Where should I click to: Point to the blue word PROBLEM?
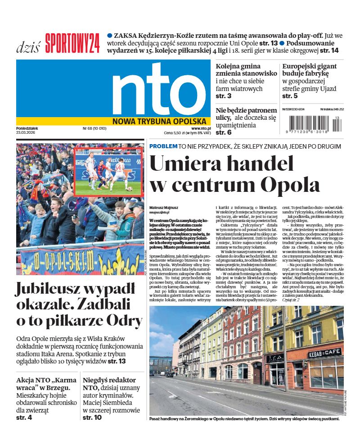point(163,146)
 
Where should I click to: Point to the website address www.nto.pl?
point(201,128)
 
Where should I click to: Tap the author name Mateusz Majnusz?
point(163,208)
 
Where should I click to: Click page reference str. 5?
point(290,96)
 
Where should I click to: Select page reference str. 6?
point(224,132)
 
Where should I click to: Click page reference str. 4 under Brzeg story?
point(24,418)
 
